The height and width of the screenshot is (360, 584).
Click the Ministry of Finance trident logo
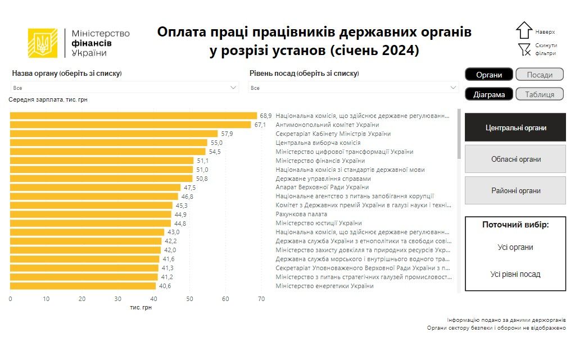[x=43, y=43]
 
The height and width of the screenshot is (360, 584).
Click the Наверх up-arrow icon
[x=524, y=31]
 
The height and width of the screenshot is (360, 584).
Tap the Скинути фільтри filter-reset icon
[x=524, y=49]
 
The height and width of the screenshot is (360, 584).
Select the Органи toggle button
[x=488, y=75]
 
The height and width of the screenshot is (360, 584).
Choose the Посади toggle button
[x=539, y=75]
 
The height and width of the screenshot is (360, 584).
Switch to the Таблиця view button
[x=539, y=94]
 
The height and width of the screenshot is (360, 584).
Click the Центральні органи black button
[x=515, y=128]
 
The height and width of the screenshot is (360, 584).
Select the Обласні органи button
[x=515, y=160]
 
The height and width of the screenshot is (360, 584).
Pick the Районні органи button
[x=515, y=191]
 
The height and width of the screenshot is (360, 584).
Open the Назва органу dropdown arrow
[x=233, y=88]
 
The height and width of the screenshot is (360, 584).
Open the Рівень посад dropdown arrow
[x=453, y=88]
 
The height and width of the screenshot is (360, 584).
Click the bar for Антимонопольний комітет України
[x=130, y=125]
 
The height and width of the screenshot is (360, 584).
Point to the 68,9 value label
[x=265, y=116]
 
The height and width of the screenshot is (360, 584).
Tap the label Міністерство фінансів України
[x=320, y=161]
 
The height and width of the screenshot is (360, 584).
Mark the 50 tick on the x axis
[x=189, y=299]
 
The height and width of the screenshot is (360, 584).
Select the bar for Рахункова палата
[x=90, y=214]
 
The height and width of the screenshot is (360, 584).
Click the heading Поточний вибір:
[x=515, y=225]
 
